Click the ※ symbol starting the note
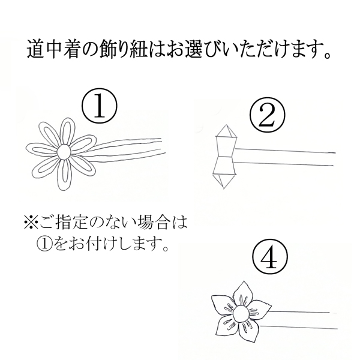[31, 224]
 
